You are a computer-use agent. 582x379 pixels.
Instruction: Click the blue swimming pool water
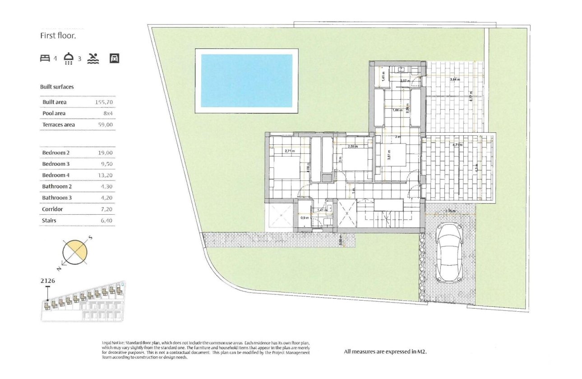(246, 81)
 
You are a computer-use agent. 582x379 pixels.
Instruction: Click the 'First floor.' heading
(58, 36)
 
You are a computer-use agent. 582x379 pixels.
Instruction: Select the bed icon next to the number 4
(45, 58)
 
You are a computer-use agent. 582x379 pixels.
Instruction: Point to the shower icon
(69, 59)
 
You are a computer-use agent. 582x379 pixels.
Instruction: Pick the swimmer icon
(92, 58)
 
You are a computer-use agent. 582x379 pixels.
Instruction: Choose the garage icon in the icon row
(114, 58)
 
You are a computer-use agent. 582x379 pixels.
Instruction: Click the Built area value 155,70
(103, 102)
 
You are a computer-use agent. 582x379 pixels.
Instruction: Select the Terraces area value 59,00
(105, 125)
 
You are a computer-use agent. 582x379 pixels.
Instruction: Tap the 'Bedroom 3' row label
(56, 164)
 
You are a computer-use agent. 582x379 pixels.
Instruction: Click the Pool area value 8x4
(107, 113)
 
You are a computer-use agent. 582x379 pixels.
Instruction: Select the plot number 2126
(48, 281)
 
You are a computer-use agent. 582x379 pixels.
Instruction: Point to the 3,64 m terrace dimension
(454, 79)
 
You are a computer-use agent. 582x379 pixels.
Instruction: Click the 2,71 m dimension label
(289, 151)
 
